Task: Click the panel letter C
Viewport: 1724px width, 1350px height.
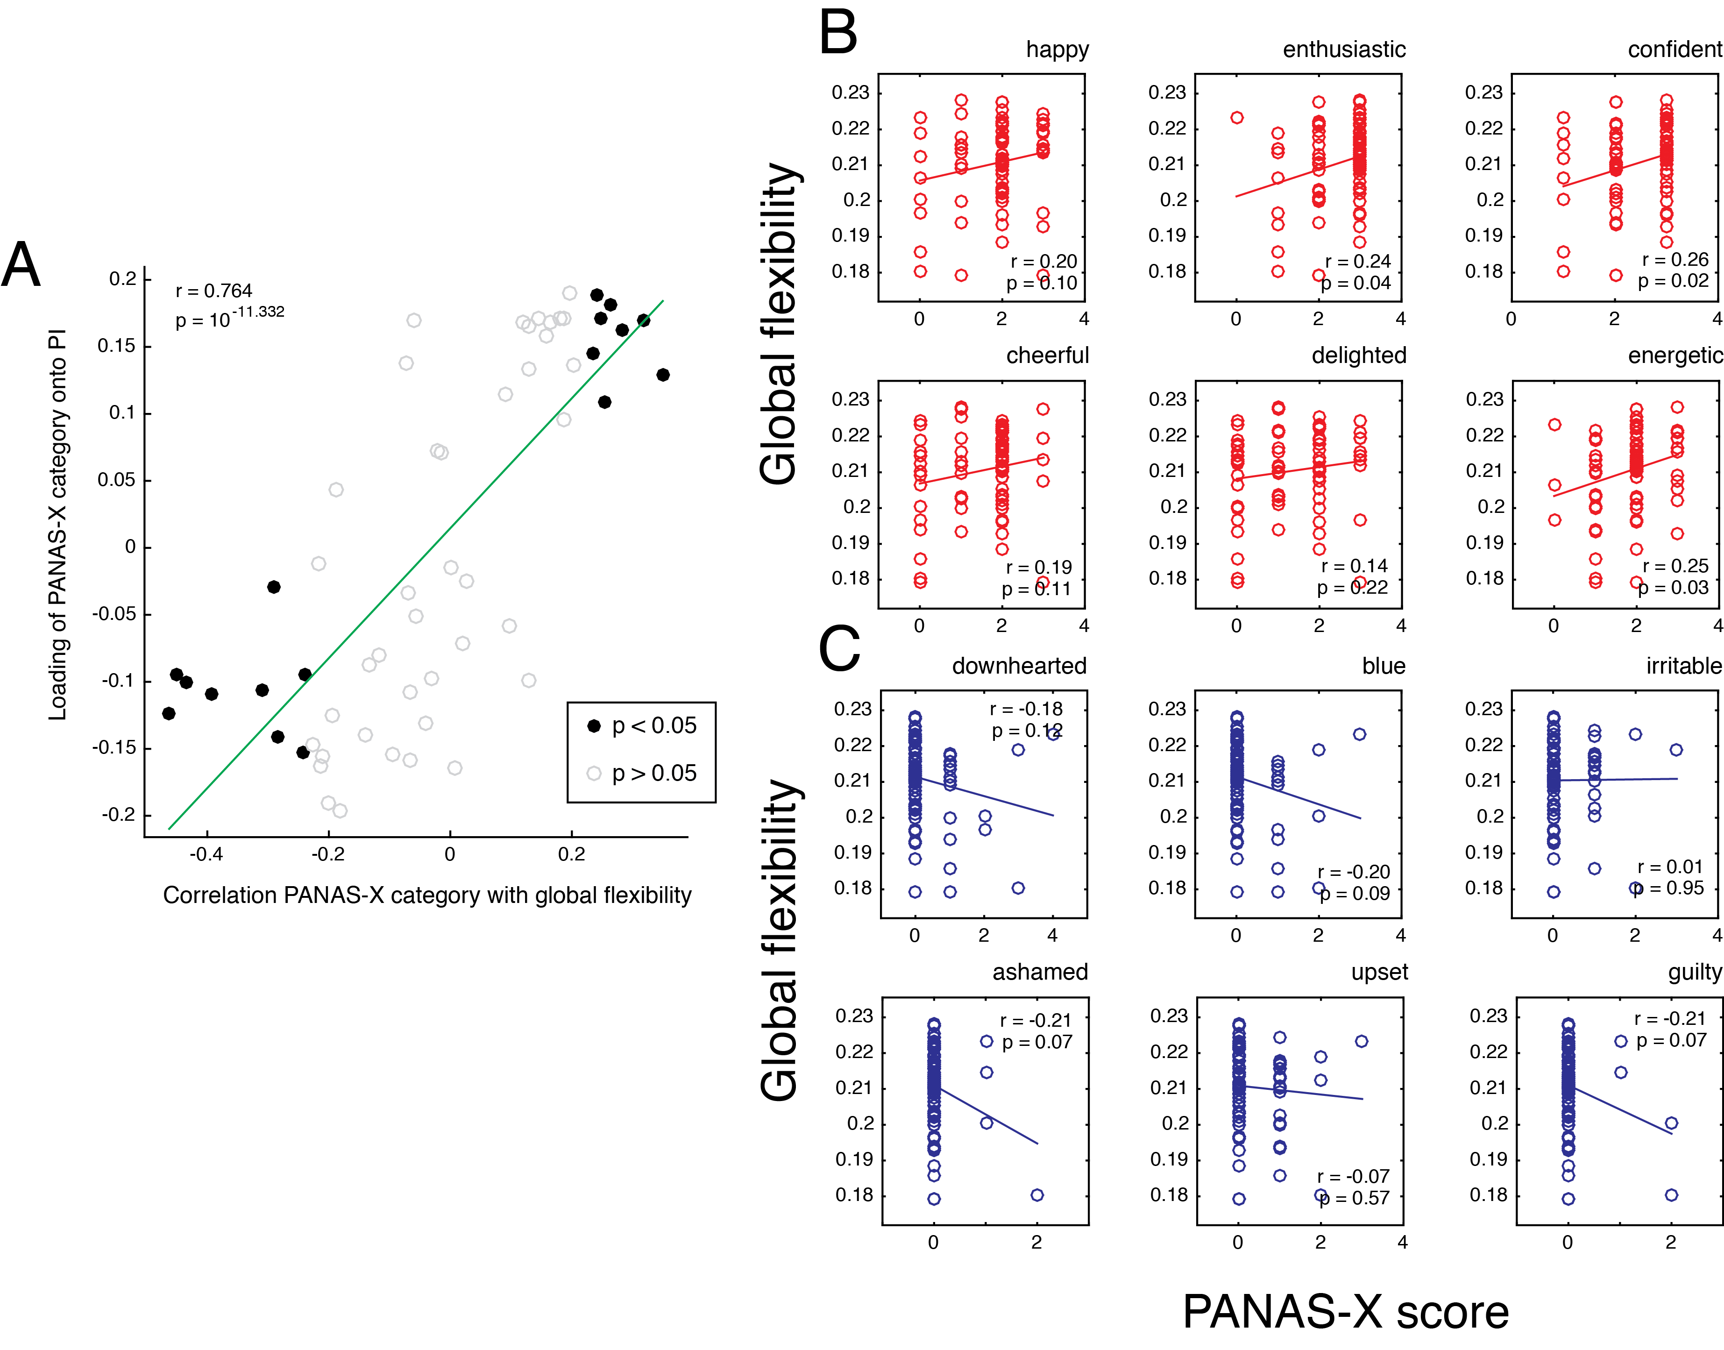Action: (x=838, y=648)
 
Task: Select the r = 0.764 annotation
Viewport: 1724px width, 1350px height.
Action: (x=213, y=291)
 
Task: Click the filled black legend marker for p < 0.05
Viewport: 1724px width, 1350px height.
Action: (x=593, y=725)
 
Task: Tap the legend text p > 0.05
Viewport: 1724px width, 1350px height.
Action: (x=654, y=773)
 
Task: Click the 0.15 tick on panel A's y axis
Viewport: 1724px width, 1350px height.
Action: (x=116, y=346)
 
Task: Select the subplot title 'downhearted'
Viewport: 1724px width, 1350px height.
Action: (x=1018, y=666)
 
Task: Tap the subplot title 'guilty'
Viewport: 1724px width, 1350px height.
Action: (x=1694, y=972)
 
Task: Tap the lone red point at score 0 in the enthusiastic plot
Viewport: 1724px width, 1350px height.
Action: (x=1237, y=118)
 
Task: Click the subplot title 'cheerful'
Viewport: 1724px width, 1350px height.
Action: (x=1047, y=355)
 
